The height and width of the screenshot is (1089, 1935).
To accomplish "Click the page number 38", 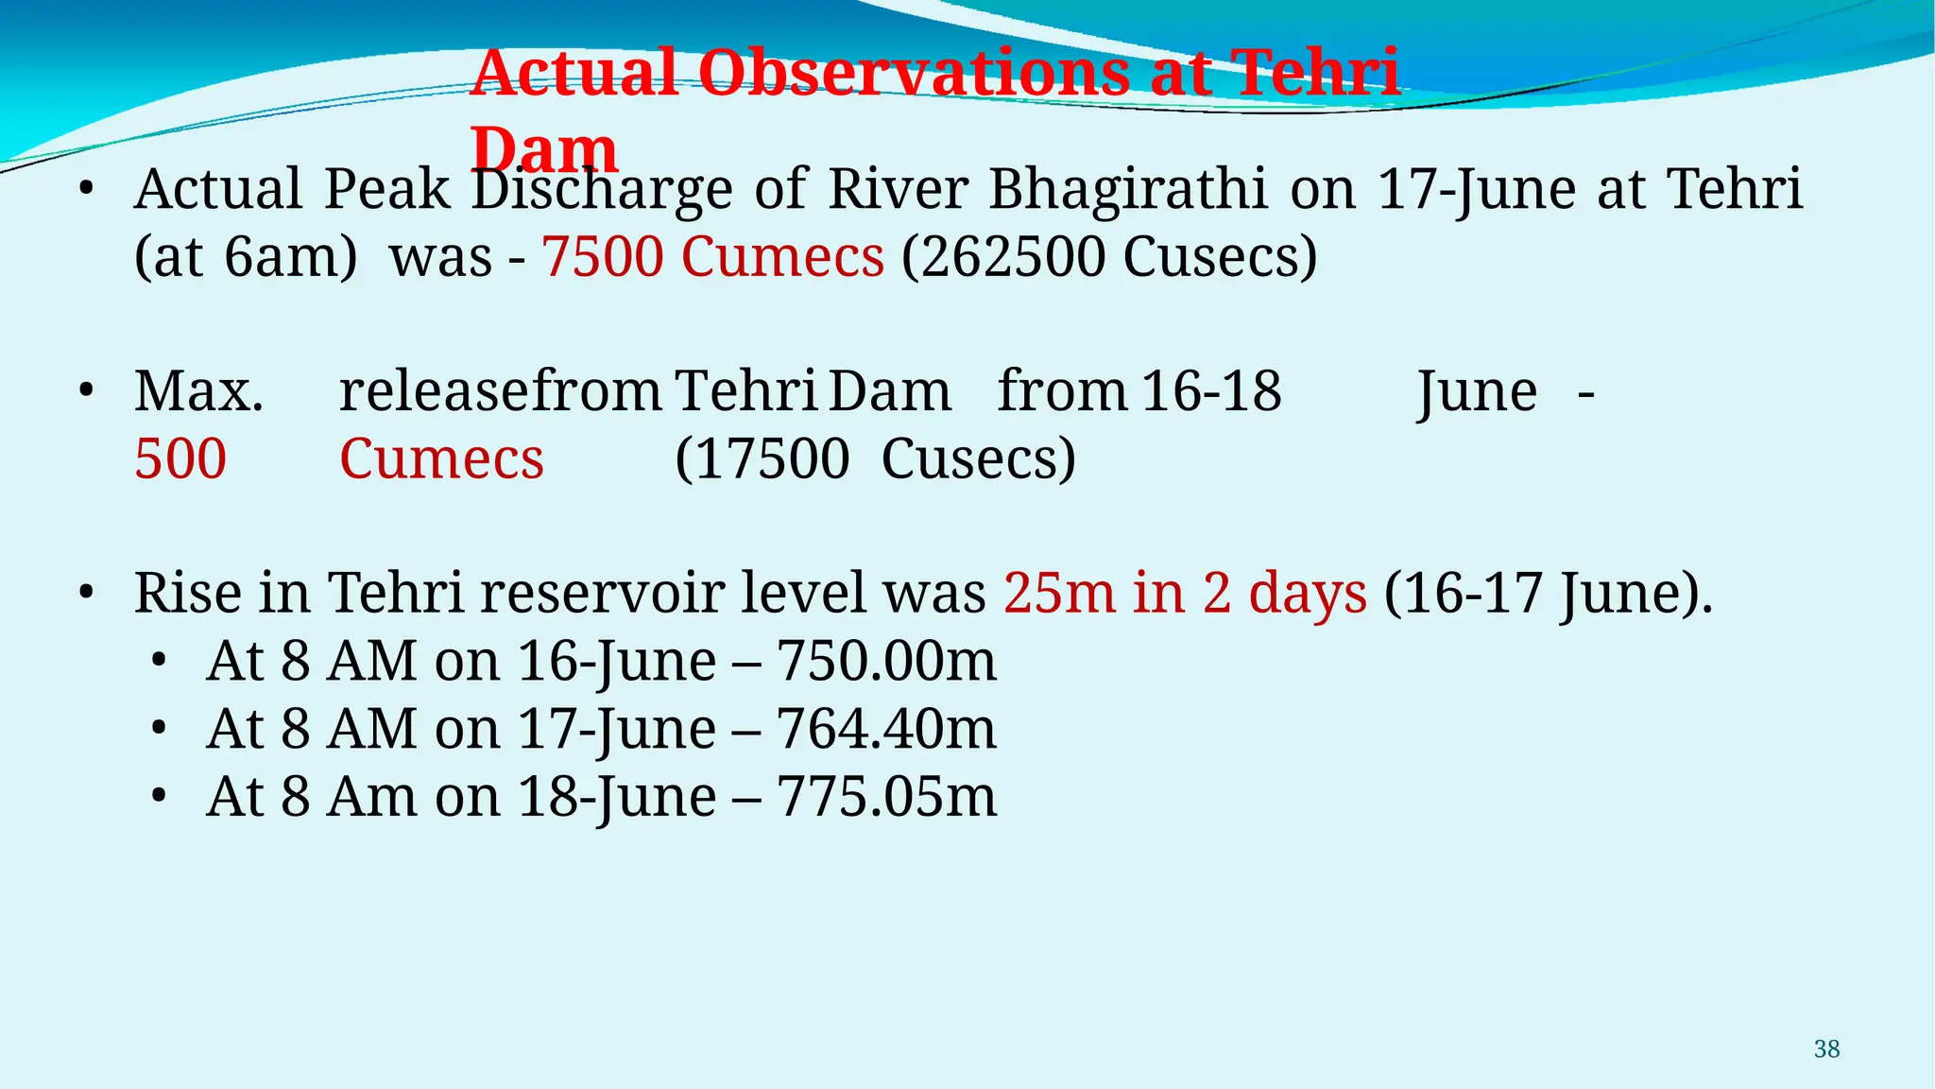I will click(x=1826, y=1049).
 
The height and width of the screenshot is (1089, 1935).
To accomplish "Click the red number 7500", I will click(x=603, y=256).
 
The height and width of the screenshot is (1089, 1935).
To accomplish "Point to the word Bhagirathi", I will click(x=1128, y=188).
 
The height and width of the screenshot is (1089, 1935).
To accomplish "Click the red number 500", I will click(x=180, y=459).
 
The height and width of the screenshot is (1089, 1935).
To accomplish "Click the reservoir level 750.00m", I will click(x=886, y=661).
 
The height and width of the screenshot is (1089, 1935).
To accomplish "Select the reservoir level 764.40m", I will click(x=886, y=729).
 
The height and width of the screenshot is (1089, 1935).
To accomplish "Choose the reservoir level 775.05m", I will click(x=886, y=797).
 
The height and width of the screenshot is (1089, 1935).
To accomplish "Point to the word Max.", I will click(x=198, y=390).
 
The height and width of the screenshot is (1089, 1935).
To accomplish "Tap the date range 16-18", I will click(x=1211, y=390).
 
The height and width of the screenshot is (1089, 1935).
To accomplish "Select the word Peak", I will click(x=386, y=188).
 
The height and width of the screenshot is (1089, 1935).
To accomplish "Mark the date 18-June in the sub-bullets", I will click(x=617, y=797).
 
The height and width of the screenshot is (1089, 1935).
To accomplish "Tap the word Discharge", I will click(x=602, y=188).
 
